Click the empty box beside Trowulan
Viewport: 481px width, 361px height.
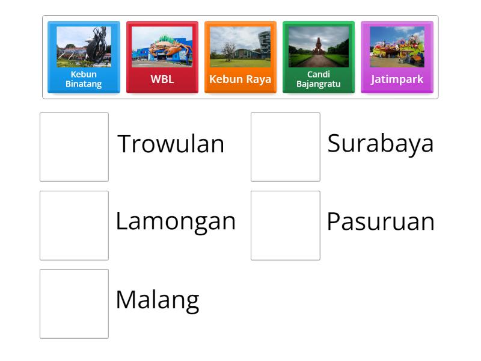pos(74,147)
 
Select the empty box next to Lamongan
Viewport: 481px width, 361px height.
pos(74,225)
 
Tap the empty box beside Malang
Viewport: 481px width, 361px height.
pos(74,303)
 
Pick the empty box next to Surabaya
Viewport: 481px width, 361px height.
pos(285,147)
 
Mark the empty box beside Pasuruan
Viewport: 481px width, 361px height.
pos(285,225)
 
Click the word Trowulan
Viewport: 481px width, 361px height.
pos(171,144)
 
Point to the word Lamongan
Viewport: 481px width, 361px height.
pos(176,221)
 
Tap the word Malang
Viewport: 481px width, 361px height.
pos(157,300)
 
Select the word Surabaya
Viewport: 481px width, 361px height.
pos(380,143)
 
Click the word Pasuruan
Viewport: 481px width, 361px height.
pos(380,222)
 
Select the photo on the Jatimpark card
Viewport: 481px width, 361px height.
pos(397,46)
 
